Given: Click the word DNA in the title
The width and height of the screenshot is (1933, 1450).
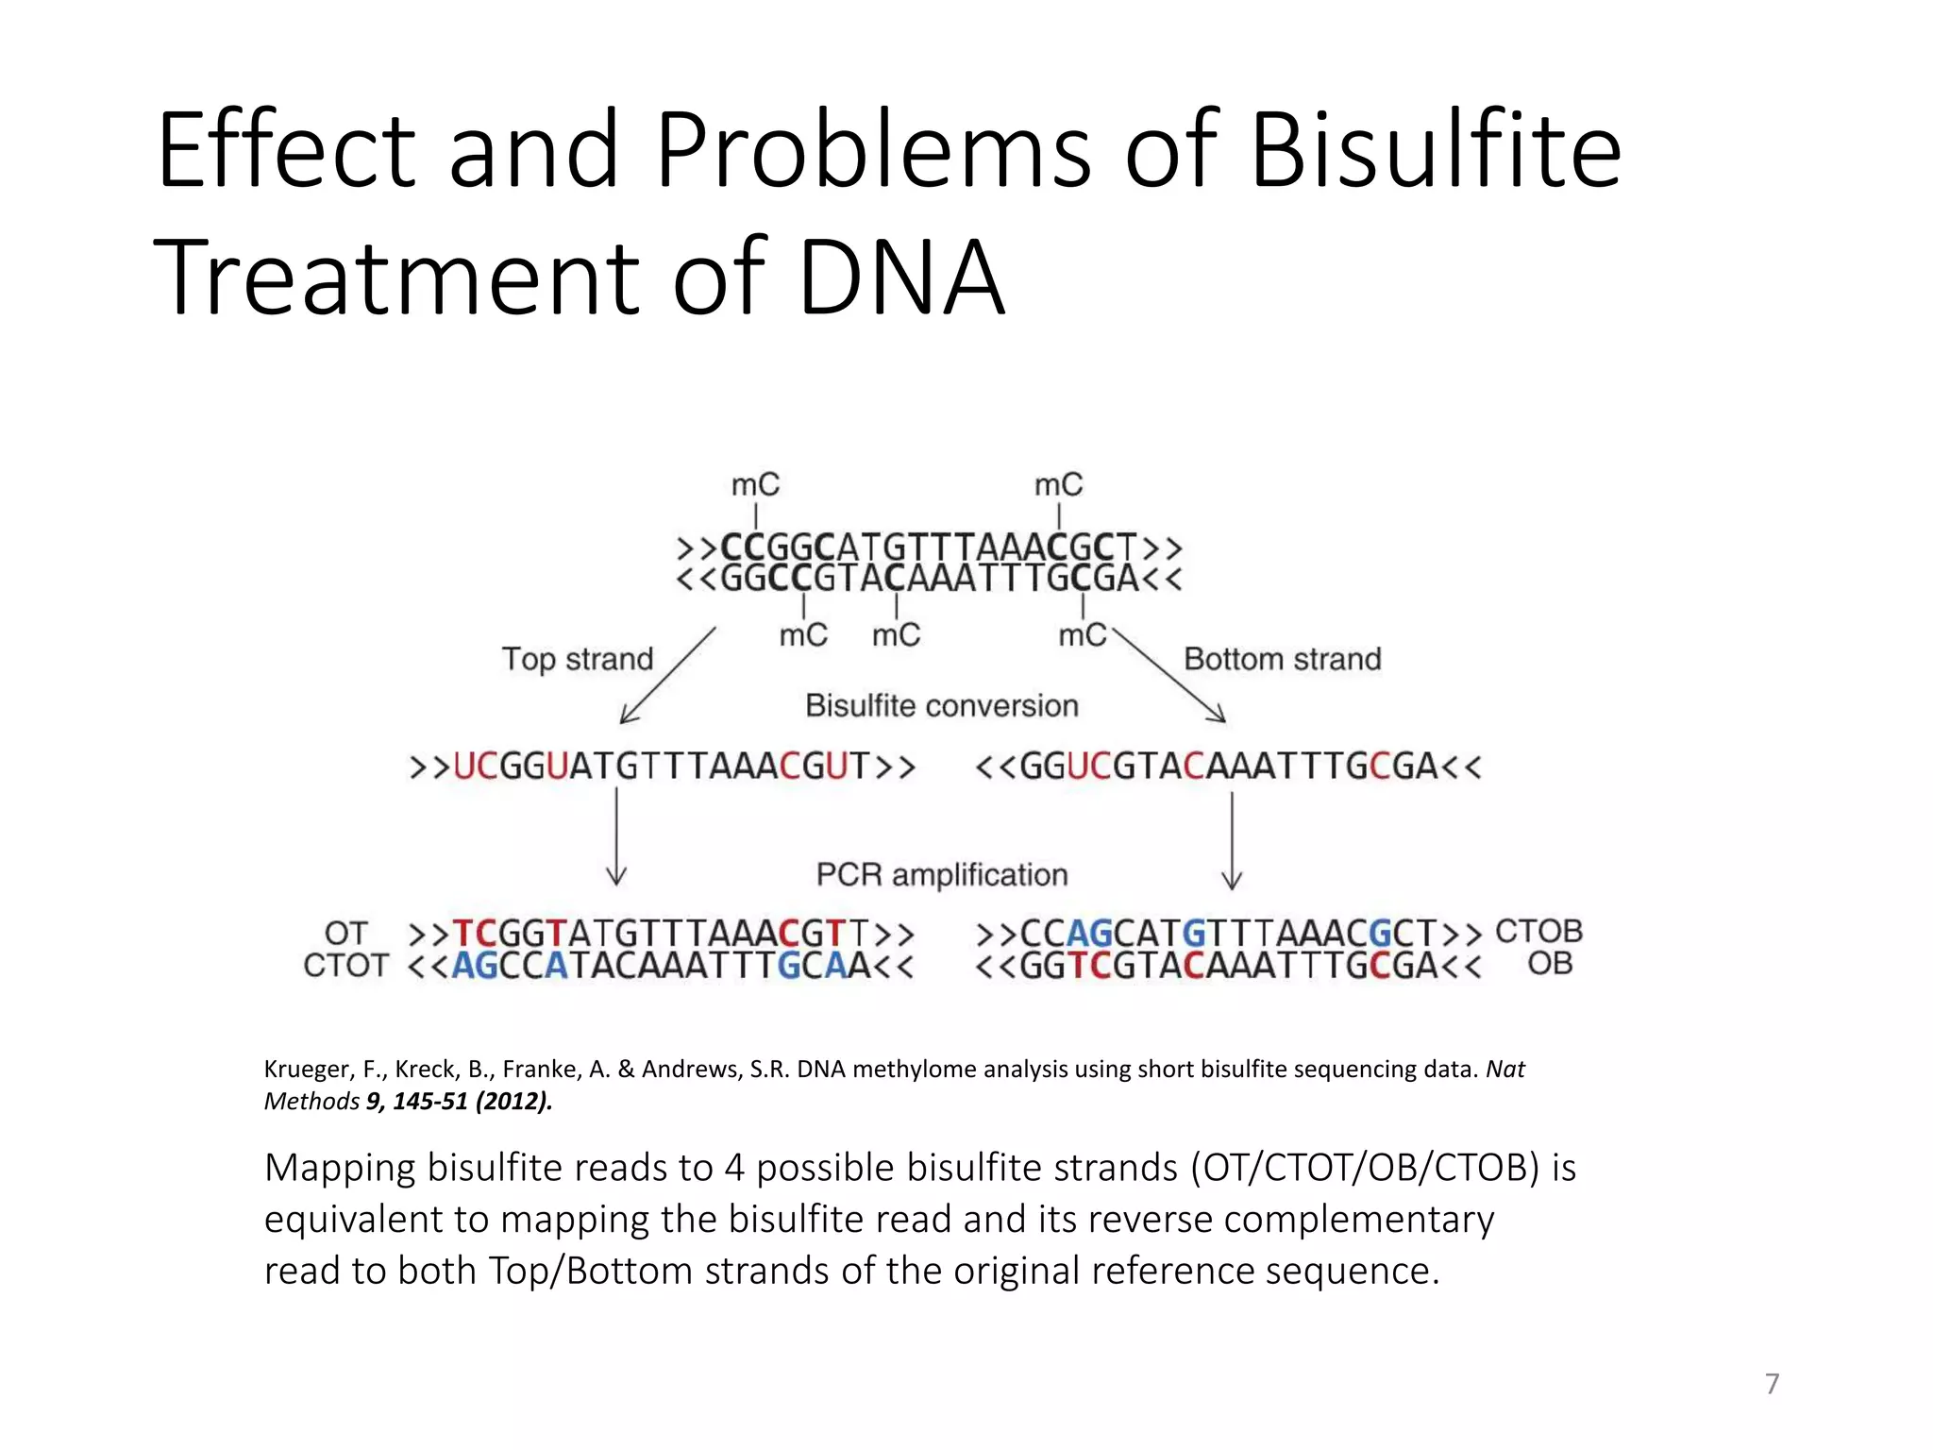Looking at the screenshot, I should [x=901, y=278].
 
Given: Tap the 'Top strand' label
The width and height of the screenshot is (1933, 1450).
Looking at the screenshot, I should [x=577, y=659].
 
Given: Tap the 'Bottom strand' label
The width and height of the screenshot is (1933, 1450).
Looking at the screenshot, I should [x=1282, y=659].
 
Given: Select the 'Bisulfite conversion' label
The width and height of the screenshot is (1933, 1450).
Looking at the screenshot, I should [x=941, y=706].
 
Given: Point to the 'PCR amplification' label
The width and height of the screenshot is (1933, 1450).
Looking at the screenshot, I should [x=941, y=875].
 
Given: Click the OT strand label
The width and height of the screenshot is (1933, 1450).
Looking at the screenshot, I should [x=345, y=934].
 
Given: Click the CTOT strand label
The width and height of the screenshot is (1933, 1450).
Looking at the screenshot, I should [x=345, y=966].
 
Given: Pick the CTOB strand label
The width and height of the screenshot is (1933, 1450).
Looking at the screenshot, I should [x=1538, y=932].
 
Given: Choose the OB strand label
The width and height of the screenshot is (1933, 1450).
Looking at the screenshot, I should [x=1550, y=964].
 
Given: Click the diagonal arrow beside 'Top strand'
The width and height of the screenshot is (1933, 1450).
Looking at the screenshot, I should [x=667, y=676].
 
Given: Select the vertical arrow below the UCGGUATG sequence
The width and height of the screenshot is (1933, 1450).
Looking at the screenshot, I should [x=616, y=836].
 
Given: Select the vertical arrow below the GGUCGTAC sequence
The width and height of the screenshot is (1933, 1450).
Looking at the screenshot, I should [x=1232, y=840].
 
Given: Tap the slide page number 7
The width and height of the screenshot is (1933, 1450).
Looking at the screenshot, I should [x=1772, y=1384].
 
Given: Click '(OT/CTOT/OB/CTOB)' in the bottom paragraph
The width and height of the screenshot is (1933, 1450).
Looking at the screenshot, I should [x=1365, y=1169].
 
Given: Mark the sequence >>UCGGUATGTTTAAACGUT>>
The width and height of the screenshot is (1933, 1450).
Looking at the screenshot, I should [x=662, y=767].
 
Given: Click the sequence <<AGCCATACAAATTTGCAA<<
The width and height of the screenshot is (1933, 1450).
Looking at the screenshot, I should [x=661, y=967].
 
